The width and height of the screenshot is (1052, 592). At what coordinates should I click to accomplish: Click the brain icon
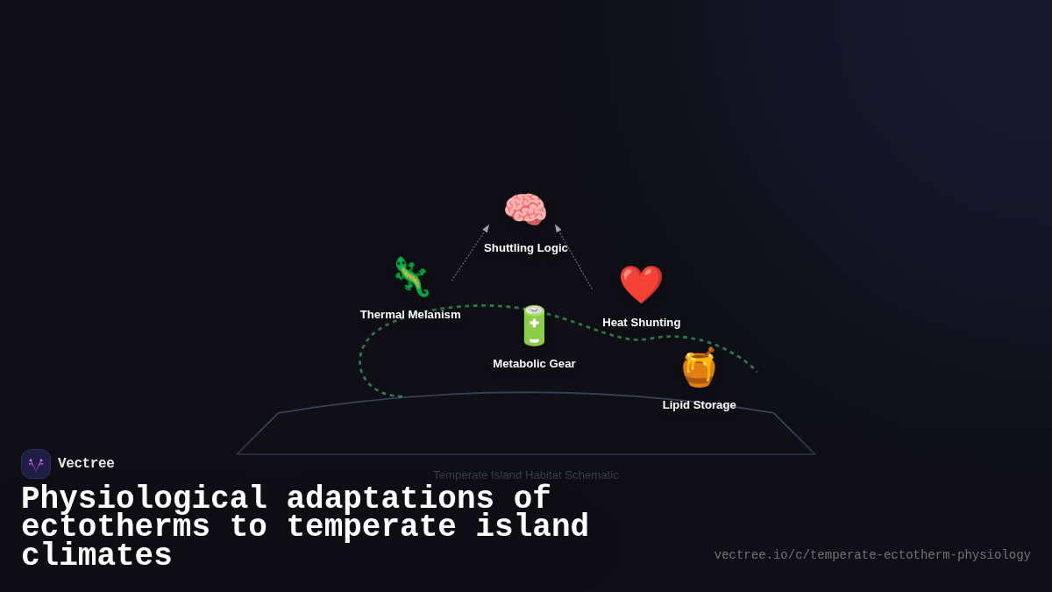point(525,210)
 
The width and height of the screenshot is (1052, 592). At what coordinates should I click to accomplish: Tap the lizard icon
point(410,277)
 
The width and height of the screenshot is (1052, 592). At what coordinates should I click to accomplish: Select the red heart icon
point(641,284)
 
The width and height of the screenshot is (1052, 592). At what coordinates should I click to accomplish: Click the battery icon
point(534,325)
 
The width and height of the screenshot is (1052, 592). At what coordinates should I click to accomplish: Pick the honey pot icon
point(699,367)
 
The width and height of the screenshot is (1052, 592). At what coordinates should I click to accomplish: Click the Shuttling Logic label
point(526,248)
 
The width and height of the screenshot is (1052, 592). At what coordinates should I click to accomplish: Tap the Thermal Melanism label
point(410,315)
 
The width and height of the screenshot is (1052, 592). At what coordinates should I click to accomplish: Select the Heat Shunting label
point(642,323)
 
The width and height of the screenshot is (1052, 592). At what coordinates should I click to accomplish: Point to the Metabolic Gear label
point(534,364)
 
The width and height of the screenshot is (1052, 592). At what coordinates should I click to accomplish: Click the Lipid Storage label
point(700,405)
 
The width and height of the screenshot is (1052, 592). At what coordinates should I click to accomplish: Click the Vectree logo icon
point(36,464)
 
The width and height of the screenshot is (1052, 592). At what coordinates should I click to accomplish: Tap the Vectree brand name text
point(86,464)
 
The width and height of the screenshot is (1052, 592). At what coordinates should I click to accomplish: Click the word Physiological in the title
point(145,499)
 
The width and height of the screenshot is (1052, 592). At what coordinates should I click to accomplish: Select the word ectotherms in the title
point(116,527)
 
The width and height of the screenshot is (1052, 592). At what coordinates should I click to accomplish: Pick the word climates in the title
point(96,556)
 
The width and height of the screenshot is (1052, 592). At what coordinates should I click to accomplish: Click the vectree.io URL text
point(872,555)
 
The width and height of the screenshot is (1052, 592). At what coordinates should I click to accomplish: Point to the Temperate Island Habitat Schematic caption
point(526,475)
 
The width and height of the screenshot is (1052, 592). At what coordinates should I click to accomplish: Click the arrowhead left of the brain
point(487,228)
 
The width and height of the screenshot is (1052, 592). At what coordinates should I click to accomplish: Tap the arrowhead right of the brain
point(558,228)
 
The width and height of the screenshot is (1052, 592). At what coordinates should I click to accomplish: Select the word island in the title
point(532,527)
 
